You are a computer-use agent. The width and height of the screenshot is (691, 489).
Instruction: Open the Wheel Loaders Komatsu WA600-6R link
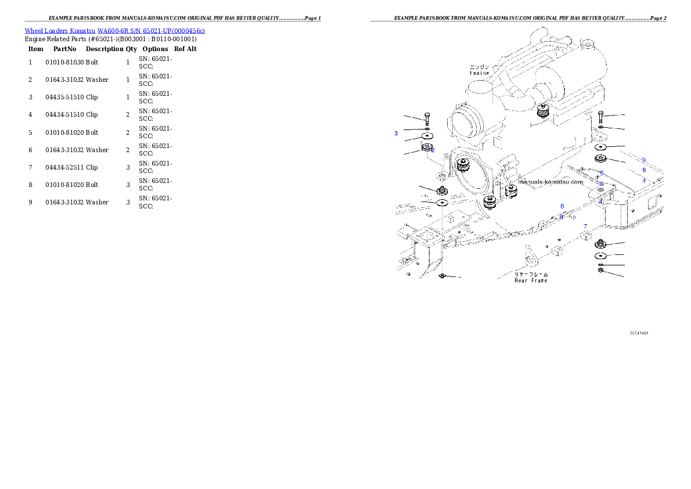[x=114, y=30]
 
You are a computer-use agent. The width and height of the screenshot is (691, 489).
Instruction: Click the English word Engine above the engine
[x=479, y=73]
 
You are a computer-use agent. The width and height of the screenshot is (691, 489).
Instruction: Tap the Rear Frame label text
[x=531, y=281]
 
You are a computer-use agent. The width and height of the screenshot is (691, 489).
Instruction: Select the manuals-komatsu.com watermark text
[x=550, y=181]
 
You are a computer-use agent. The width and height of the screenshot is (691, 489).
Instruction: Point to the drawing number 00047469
[x=639, y=333]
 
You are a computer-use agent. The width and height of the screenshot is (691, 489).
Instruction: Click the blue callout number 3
[x=396, y=134]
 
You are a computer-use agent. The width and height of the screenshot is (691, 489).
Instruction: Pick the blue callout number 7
[x=585, y=226]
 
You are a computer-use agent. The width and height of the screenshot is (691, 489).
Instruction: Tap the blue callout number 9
[x=562, y=217]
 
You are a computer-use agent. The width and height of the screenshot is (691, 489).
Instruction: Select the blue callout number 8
[x=562, y=206]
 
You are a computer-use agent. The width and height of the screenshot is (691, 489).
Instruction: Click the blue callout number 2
[x=433, y=150]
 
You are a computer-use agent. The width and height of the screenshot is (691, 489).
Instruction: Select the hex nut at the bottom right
[x=600, y=271]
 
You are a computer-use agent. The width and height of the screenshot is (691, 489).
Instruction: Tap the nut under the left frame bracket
[x=442, y=275]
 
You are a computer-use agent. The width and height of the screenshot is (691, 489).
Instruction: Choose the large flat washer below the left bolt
[x=427, y=136]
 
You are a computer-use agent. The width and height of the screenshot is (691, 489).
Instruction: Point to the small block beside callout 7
[x=585, y=235]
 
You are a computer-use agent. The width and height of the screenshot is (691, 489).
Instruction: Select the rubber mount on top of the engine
[x=544, y=111]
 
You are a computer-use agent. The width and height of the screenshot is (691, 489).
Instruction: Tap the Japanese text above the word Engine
[x=479, y=66]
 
